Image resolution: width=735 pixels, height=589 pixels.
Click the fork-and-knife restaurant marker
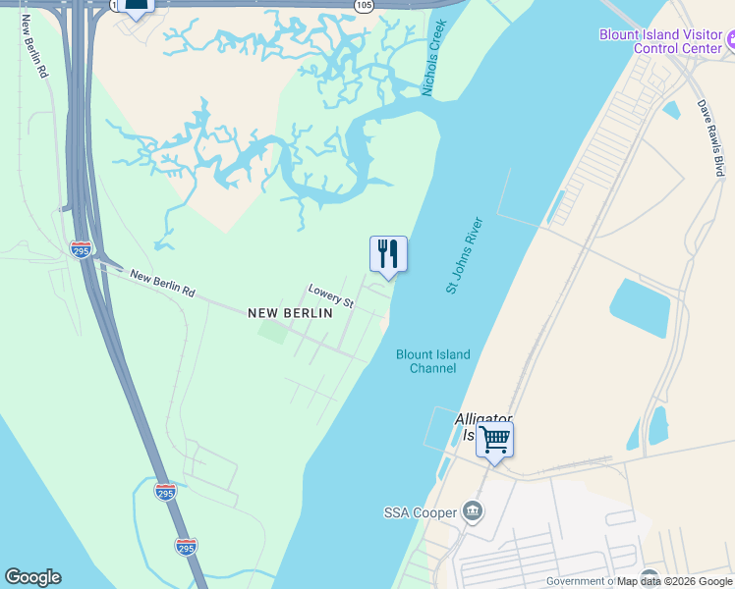(x=388, y=254)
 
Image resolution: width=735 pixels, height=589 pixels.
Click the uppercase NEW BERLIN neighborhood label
(x=290, y=313)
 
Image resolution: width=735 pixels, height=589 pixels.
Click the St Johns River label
(x=466, y=254)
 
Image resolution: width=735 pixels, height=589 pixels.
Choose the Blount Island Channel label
(x=432, y=361)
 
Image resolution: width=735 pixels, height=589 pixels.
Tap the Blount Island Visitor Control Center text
(x=661, y=41)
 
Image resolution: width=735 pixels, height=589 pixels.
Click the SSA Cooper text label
(x=420, y=512)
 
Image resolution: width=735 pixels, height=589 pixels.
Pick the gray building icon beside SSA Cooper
(x=473, y=510)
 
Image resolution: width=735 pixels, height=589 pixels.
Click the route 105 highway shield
(x=364, y=6)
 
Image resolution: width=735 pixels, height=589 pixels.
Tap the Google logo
(x=32, y=577)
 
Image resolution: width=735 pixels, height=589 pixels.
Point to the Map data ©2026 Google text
(x=674, y=581)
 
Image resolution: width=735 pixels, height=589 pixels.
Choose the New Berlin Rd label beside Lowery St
(x=162, y=285)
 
